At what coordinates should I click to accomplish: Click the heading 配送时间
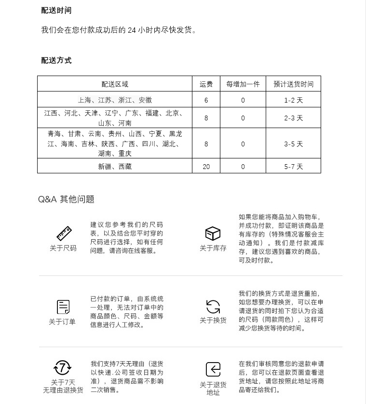pyautogui.click(x=56, y=11)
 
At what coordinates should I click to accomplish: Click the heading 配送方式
pyautogui.click(x=56, y=60)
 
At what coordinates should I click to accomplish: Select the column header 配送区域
pyautogui.click(x=115, y=84)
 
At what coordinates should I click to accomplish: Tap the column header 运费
pyautogui.click(x=206, y=84)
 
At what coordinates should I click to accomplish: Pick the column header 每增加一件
pyautogui.click(x=243, y=84)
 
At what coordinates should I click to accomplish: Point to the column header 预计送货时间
pyautogui.click(x=293, y=84)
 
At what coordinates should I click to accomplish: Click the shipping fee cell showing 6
pyautogui.click(x=206, y=100)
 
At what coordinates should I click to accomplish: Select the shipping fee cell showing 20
pyautogui.click(x=206, y=167)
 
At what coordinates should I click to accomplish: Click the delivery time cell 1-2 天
pyautogui.click(x=293, y=100)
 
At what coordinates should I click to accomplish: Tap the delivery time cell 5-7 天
pyautogui.click(x=293, y=167)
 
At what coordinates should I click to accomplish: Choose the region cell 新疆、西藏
pyautogui.click(x=115, y=167)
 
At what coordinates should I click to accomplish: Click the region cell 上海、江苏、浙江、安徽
pyautogui.click(x=115, y=100)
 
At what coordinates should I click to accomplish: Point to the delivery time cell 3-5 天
pyautogui.click(x=293, y=144)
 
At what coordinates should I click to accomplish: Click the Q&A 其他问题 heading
pyautogui.click(x=66, y=199)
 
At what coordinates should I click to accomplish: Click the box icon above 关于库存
pyautogui.click(x=213, y=234)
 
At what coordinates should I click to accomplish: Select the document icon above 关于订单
pyautogui.click(x=63, y=307)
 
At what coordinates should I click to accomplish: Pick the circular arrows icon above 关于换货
pyautogui.click(x=213, y=307)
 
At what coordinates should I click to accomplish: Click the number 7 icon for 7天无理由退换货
pyautogui.click(x=63, y=368)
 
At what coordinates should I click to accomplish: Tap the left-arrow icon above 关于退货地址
pyautogui.click(x=213, y=369)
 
